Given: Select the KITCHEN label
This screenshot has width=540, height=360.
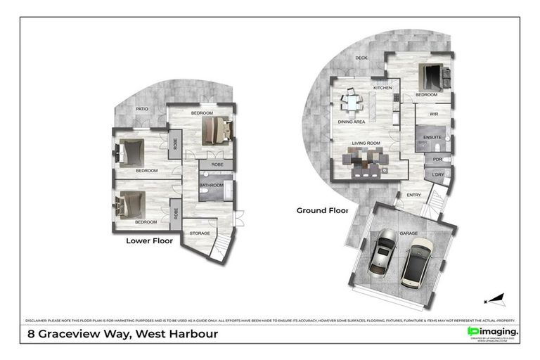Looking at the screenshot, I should [x=382, y=88].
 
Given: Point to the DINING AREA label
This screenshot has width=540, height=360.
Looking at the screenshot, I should [x=352, y=122].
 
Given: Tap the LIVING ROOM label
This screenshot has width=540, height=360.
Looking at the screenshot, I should [x=366, y=143].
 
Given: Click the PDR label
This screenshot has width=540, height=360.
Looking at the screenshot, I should [x=437, y=159].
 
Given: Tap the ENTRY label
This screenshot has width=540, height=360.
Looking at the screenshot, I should [x=414, y=195].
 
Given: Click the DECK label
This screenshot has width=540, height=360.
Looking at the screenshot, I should [x=361, y=58].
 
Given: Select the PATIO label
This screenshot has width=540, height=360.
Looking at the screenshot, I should [x=142, y=109].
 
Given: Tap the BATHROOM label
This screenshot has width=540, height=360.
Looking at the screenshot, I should [x=211, y=186].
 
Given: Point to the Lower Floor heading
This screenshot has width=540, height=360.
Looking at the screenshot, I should [x=149, y=240].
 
